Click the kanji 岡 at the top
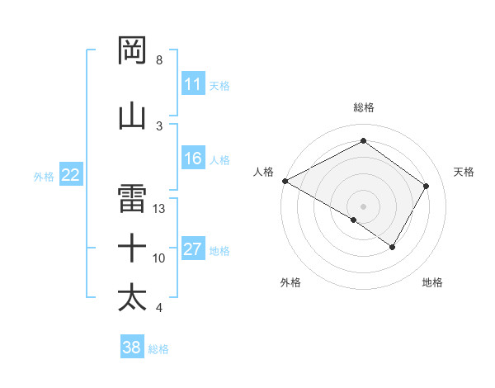point(133,51)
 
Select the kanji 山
point(133,116)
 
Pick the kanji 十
point(133,248)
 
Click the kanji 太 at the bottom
point(133,297)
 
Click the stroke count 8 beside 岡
point(159,60)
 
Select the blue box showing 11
point(193,84)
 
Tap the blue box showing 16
point(193,159)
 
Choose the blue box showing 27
point(193,249)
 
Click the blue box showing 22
point(71,175)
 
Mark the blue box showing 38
point(132,348)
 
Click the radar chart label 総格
point(363,107)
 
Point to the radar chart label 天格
point(464,172)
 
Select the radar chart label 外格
point(290,282)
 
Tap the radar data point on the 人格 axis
point(285,180)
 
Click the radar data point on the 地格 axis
point(393,247)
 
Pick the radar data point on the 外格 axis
point(354,220)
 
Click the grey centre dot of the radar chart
point(363,206)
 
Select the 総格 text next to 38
point(158,349)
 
